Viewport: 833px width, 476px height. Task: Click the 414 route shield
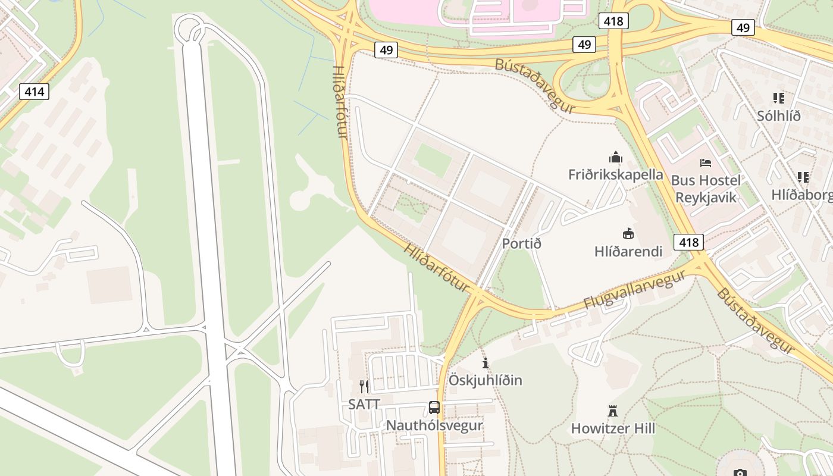(x=34, y=92)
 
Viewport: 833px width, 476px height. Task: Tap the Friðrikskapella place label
(x=615, y=174)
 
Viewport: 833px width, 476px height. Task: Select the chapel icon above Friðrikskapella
(x=615, y=157)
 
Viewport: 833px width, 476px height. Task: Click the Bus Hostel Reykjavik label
(x=706, y=189)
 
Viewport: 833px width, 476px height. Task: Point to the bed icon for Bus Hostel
(x=706, y=162)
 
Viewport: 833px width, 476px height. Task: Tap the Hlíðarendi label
(x=628, y=251)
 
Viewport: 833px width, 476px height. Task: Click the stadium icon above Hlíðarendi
(x=628, y=233)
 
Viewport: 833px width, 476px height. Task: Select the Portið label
(x=521, y=243)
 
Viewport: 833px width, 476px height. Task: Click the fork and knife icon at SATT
(x=364, y=387)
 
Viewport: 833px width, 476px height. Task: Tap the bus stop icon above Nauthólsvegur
(x=434, y=408)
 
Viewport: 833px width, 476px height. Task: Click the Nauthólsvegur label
(x=434, y=425)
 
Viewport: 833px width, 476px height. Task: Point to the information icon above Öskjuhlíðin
(x=486, y=363)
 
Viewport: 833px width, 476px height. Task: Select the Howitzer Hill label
(x=613, y=428)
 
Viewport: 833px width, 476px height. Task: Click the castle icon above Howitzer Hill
(x=613, y=411)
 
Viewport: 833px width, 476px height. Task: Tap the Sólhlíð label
(x=778, y=116)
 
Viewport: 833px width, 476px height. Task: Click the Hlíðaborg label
(x=801, y=195)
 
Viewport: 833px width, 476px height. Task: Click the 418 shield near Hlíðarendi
(x=688, y=242)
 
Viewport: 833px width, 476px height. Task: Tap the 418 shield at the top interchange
(x=613, y=21)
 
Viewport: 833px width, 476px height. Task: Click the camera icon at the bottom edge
(x=740, y=472)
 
